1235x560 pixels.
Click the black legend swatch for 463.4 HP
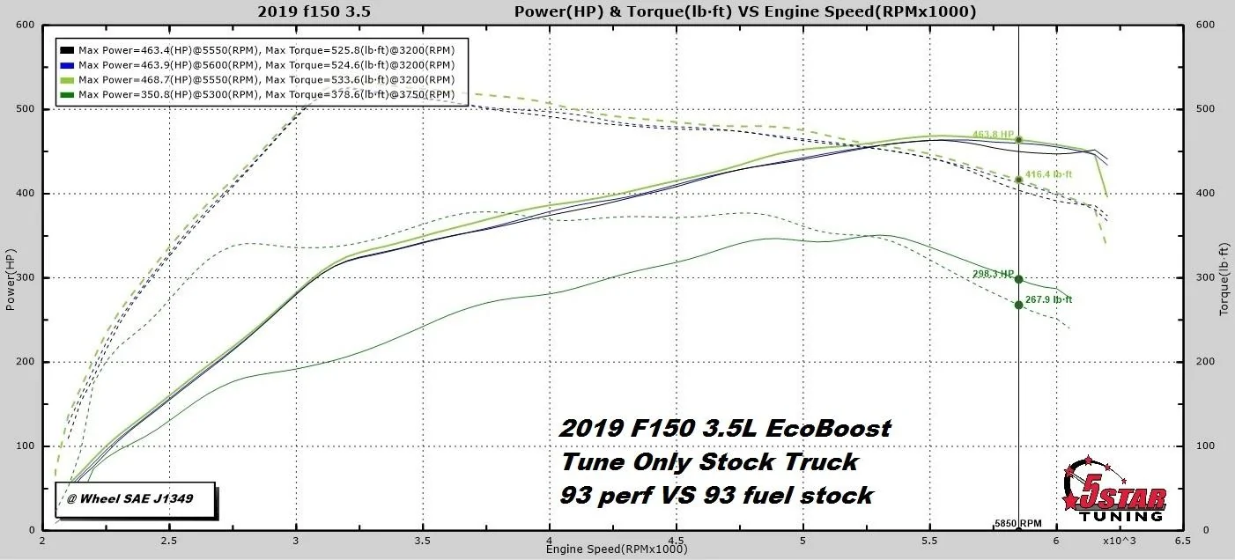coord(67,50)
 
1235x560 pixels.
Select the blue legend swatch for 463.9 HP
coord(67,64)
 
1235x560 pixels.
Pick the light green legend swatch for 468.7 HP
coord(67,79)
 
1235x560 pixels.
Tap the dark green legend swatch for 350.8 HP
coord(67,93)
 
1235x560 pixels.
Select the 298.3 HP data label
coord(993,274)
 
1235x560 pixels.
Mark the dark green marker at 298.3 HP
coord(1018,279)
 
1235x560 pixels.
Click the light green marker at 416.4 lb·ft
coord(1018,180)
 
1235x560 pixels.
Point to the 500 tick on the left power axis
coord(24,109)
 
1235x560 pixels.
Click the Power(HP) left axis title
coord(11,280)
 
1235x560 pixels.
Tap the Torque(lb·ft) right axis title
coord(1224,280)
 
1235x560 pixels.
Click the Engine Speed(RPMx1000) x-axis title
coord(616,549)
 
